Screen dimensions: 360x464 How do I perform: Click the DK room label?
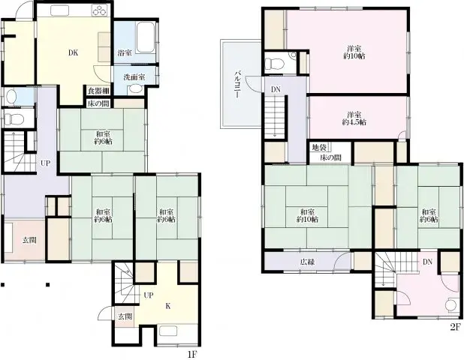(x=73, y=53)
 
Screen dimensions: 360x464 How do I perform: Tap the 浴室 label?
(x=125, y=53)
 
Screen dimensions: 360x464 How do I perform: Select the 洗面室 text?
(x=134, y=77)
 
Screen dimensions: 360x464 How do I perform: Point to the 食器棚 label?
(x=98, y=91)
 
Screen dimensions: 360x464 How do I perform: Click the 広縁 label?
(x=307, y=262)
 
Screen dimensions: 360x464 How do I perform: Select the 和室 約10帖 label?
(x=307, y=215)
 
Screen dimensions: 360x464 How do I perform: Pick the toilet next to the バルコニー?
(x=276, y=64)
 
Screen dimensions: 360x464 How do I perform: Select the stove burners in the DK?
(x=98, y=10)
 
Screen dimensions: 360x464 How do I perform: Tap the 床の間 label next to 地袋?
(x=330, y=158)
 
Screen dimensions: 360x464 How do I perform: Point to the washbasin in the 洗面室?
(x=136, y=88)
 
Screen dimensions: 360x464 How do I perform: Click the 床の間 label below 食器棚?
(x=98, y=103)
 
